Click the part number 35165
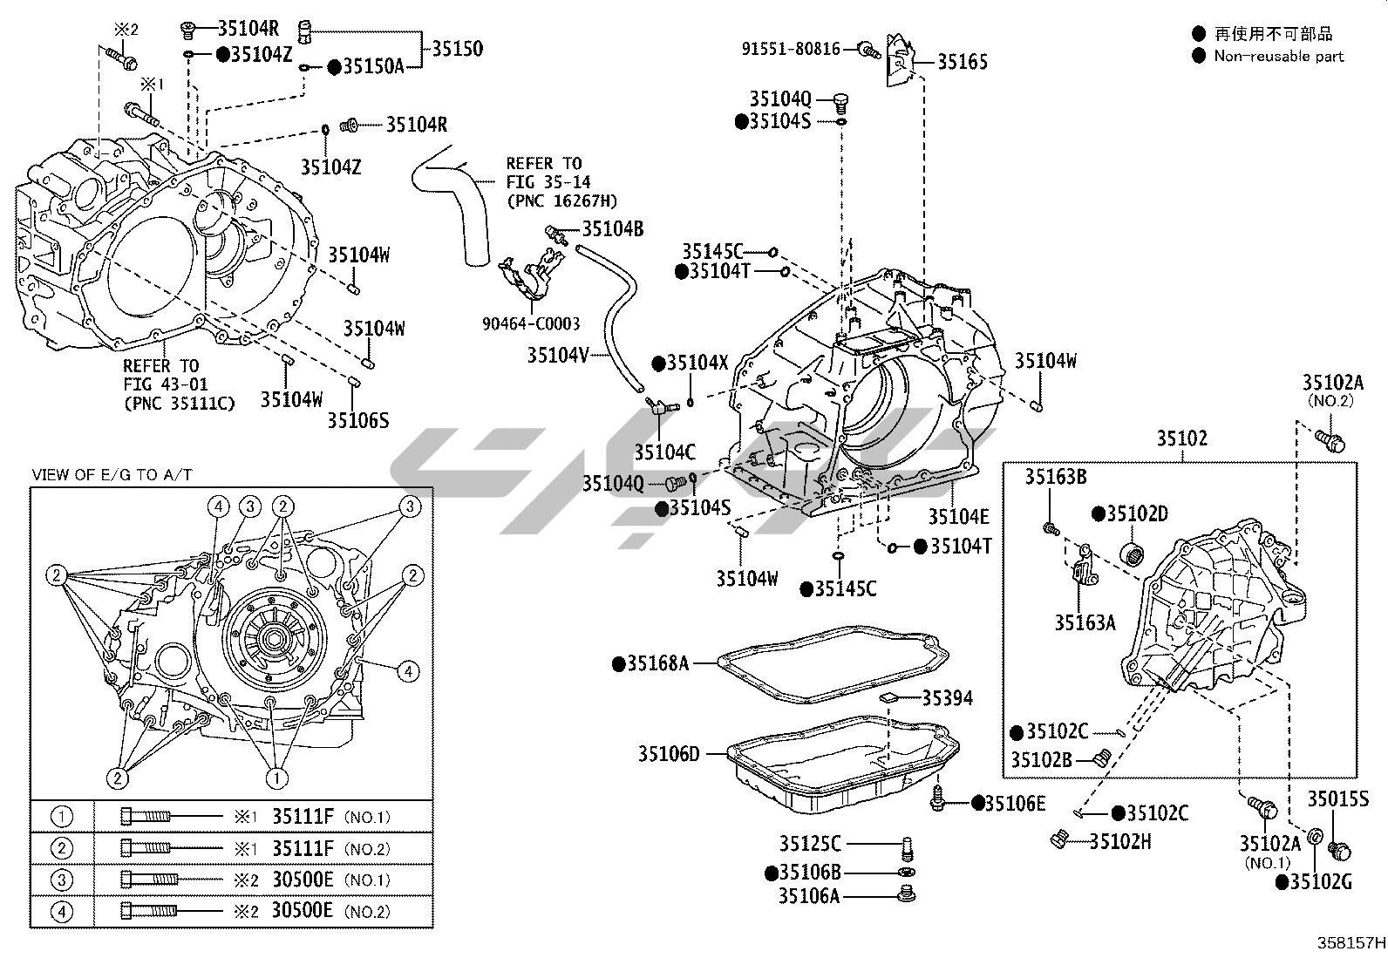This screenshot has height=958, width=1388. pos(963,62)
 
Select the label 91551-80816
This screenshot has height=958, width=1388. pos(791,49)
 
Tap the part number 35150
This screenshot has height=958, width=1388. pos(456,49)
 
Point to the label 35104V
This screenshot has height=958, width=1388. pos(558,355)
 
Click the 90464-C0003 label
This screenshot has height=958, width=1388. pos(531,323)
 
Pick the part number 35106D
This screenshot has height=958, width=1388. pos(668,754)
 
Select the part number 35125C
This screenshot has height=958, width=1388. pos(810,843)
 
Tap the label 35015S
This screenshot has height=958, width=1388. pos(1337,798)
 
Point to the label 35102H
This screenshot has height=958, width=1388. pos(1120,841)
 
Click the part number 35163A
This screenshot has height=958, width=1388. pos(1085,622)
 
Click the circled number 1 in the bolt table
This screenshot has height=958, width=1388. pos(62,818)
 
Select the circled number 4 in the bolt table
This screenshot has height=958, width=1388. pos(62,912)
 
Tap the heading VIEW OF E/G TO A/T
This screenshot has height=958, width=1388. pos(112,475)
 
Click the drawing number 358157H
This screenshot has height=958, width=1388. pos(1351,943)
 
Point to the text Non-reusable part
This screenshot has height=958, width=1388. pos(1279,57)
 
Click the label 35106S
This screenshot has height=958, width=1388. pos(357,420)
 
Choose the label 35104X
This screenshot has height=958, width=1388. pos(697,363)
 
